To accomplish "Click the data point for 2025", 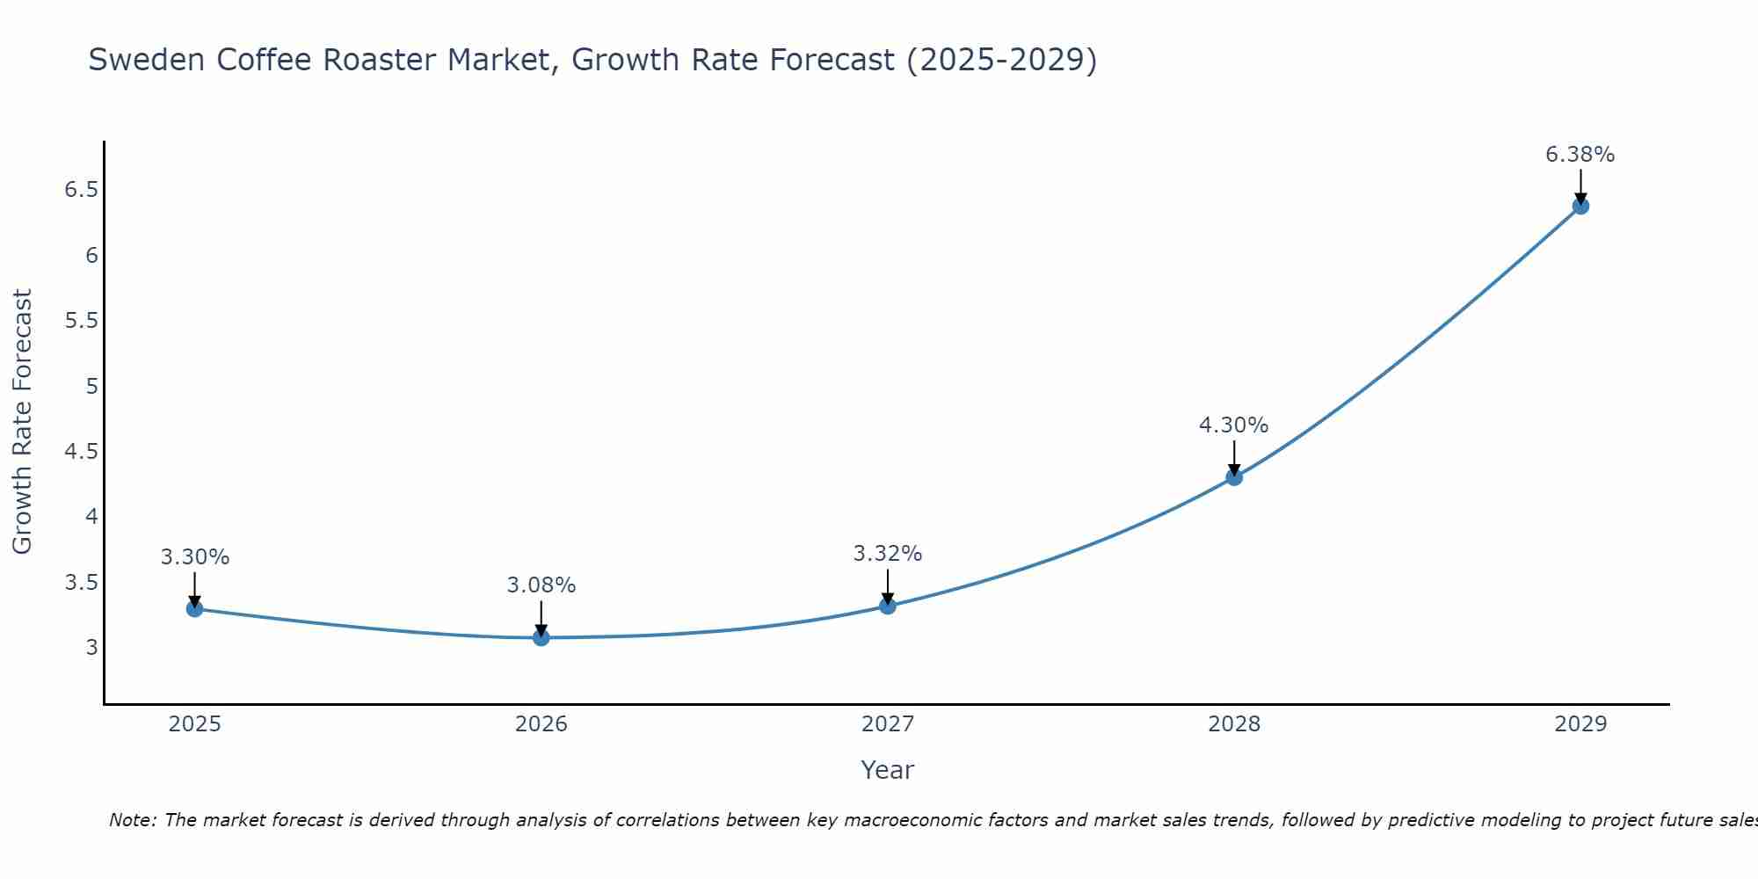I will pos(194,608).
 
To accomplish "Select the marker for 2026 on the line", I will pos(541,637).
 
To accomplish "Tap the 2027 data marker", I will pos(888,606).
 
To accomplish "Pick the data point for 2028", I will pos(1234,477).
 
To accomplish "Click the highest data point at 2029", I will pos(1580,207).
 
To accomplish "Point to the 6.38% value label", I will pos(1580,155).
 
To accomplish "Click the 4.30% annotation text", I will pos(1233,425).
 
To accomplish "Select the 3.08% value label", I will pos(541,585).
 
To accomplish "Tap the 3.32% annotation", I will pos(887,554).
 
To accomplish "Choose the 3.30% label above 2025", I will pos(194,557).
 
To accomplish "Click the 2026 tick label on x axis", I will pos(541,724).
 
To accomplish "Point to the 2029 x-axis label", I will pos(1580,724).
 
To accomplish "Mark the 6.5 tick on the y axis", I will pos(82,190).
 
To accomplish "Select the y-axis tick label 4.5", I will pos(82,452).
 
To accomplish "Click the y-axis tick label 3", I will pos(91,648).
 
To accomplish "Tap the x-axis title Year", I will pos(887,770).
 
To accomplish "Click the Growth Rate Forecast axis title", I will pos(22,421).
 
